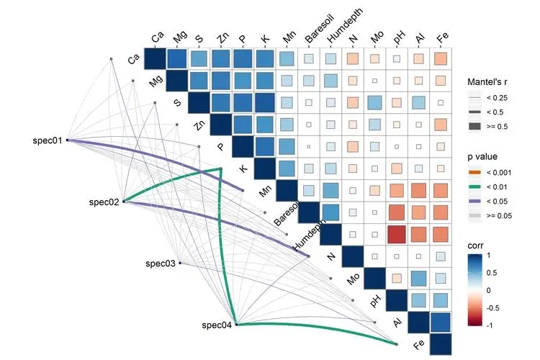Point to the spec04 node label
[217, 325]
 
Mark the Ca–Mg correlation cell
[177, 58]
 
